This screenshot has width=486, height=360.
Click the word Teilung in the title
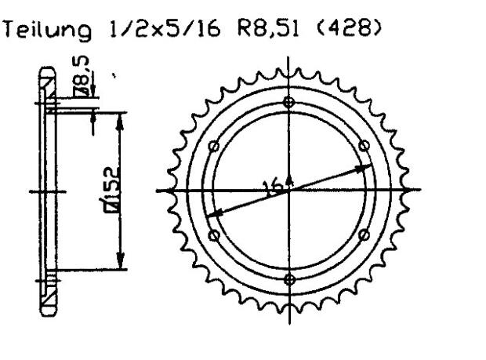[x=48, y=31]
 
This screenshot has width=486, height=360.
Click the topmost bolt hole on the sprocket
[x=290, y=102]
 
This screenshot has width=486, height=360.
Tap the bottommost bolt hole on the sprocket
[x=290, y=279]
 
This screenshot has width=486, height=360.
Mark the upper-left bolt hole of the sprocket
[x=213, y=146]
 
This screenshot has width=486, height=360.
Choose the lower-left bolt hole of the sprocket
[x=213, y=235]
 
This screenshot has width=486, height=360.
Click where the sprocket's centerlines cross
[x=290, y=191]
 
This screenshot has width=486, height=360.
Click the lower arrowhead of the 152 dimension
[x=120, y=265]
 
